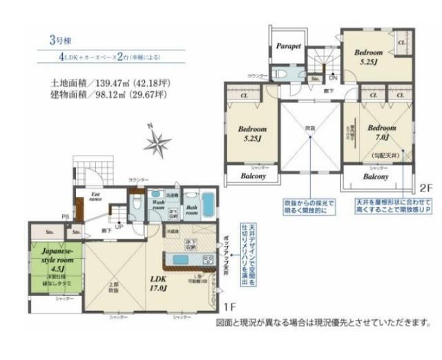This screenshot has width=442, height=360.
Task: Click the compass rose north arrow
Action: [x=157, y=143]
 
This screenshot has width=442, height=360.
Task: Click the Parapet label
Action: [x=288, y=46]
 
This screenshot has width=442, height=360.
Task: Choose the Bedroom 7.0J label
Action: [x=381, y=132]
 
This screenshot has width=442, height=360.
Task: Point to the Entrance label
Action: [x=96, y=198]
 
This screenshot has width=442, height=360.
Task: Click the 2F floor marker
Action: [x=423, y=187]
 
